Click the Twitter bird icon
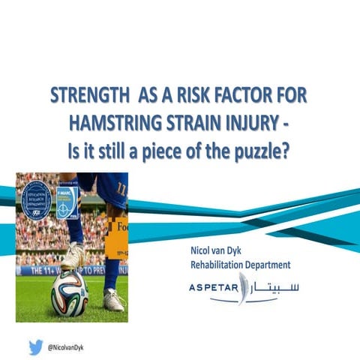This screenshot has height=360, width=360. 35,347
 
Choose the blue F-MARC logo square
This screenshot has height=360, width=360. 67,201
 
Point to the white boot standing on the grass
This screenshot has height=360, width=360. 113,300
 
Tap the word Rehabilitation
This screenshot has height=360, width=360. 217,265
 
